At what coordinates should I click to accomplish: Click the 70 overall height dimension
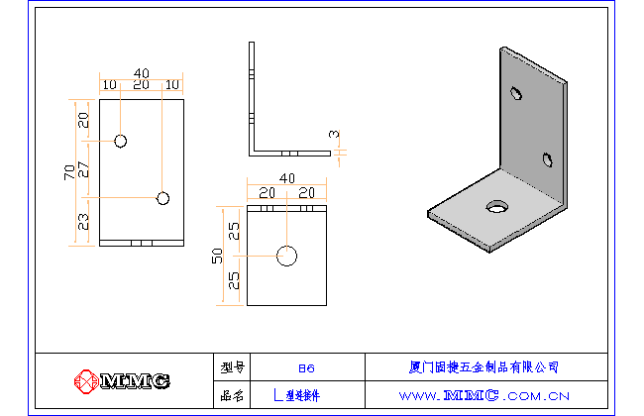68,172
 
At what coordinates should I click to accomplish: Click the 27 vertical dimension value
83,169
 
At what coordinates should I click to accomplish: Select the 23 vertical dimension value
83,221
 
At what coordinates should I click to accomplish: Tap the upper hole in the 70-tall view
120,141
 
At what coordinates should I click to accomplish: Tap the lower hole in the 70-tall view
163,198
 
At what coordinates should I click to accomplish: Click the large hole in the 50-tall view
287,256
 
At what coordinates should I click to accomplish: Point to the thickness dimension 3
334,135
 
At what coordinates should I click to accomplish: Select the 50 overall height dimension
217,256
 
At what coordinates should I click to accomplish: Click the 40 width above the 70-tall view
142,73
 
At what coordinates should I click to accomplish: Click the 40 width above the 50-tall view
287,178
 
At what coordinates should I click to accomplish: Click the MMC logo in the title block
123,380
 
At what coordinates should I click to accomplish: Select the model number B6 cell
306,366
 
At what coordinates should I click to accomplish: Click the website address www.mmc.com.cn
484,394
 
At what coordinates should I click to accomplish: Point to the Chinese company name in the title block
484,366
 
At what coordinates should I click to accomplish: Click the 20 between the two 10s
142,86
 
